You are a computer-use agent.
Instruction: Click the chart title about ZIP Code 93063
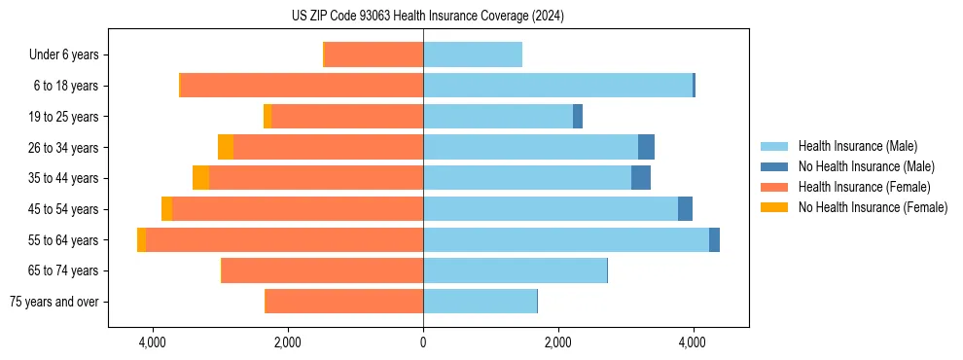(x=427, y=16)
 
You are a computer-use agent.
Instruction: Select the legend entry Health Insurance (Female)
(x=864, y=187)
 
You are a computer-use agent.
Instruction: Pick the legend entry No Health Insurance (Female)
(x=873, y=207)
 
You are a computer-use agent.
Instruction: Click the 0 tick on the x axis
(x=423, y=343)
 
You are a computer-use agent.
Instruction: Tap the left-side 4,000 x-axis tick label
(x=153, y=343)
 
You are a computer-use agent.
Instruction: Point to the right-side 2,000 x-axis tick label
(x=557, y=343)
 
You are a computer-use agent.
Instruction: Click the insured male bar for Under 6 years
(x=473, y=55)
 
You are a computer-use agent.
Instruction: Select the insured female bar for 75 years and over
(x=344, y=302)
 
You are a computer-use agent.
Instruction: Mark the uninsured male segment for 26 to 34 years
(x=646, y=148)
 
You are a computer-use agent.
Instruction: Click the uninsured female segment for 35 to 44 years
(x=200, y=178)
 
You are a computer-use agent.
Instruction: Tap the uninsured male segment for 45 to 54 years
(x=685, y=209)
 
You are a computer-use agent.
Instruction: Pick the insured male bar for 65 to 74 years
(x=515, y=270)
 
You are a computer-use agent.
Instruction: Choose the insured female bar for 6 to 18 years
(x=302, y=86)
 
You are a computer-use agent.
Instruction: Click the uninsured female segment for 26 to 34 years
(x=226, y=148)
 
